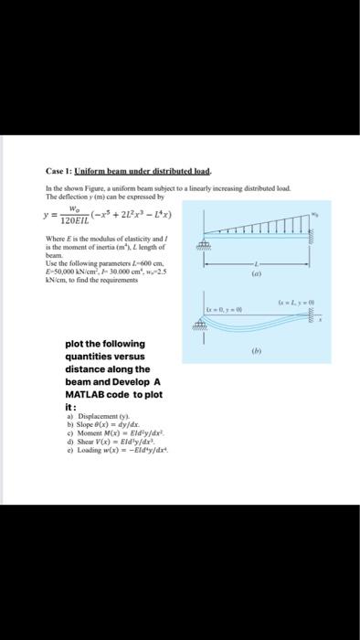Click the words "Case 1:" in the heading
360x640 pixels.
pyautogui.click(x=58, y=171)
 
